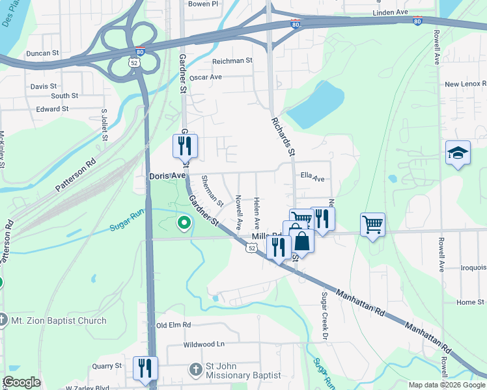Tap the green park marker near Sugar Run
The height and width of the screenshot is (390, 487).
click(x=184, y=223)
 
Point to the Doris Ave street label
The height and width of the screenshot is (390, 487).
click(x=168, y=176)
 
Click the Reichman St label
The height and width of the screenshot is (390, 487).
click(x=232, y=60)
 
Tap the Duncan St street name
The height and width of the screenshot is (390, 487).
click(x=42, y=53)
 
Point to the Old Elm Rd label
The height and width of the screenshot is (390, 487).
click(x=174, y=325)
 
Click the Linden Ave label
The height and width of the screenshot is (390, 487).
click(x=390, y=13)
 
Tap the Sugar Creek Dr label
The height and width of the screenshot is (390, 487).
click(x=322, y=316)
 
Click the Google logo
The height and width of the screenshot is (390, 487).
click(x=22, y=382)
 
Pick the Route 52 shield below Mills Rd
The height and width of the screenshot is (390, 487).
click(x=252, y=248)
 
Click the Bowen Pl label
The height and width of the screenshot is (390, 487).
click(x=202, y=4)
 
